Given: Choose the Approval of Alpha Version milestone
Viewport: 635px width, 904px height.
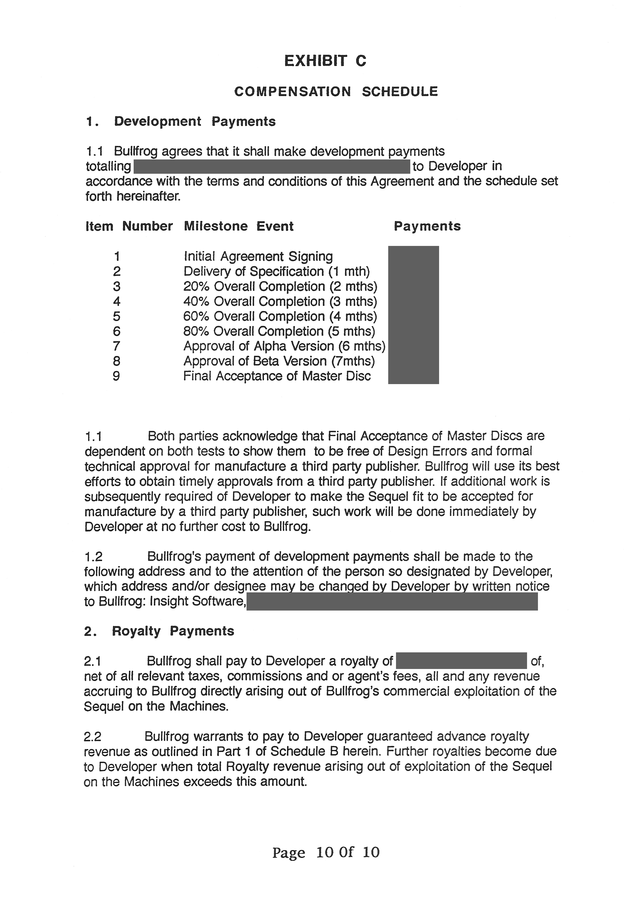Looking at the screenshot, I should (x=284, y=346).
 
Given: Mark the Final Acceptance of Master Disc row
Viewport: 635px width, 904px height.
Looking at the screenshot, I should (x=277, y=376).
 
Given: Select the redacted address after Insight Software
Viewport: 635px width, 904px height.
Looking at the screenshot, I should (x=392, y=602).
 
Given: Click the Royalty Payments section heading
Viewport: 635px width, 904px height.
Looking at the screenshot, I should (x=173, y=631).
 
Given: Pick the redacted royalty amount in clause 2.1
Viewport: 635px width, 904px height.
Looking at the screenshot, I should (x=461, y=661).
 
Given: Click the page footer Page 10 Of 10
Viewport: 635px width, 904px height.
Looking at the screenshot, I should (x=326, y=852).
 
